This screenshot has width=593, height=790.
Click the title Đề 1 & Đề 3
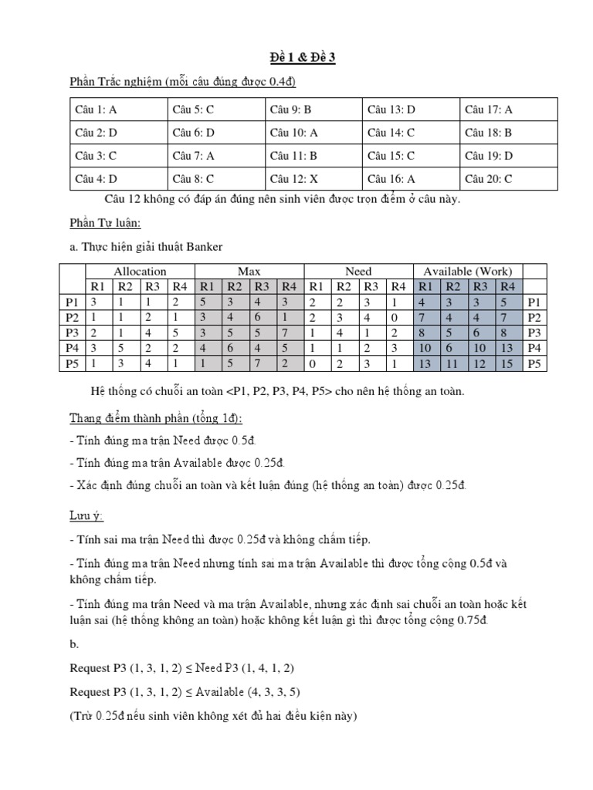click(297, 57)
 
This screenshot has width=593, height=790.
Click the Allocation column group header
click(140, 272)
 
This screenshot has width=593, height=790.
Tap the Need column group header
click(358, 272)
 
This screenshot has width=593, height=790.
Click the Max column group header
click(249, 272)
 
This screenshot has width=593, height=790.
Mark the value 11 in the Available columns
click(453, 363)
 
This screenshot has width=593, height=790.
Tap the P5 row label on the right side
click(534, 363)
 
